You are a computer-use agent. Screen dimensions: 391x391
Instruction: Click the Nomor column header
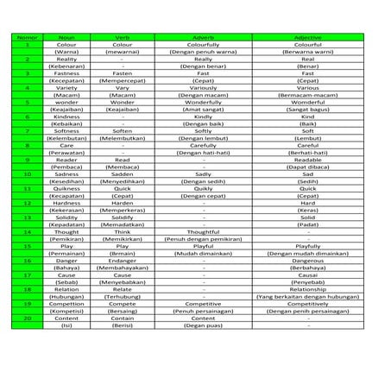tap(28, 38)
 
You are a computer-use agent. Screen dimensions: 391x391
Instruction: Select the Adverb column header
tap(204, 38)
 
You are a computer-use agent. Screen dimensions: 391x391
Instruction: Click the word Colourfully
tap(204, 45)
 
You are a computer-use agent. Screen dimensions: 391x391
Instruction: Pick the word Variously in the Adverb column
tap(204, 88)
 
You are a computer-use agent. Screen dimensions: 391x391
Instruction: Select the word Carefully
tap(204, 146)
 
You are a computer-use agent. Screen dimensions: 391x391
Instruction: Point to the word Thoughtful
tap(204, 231)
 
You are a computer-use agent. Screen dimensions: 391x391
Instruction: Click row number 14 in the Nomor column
tap(28, 231)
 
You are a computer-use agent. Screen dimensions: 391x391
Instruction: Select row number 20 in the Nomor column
tap(28, 318)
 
